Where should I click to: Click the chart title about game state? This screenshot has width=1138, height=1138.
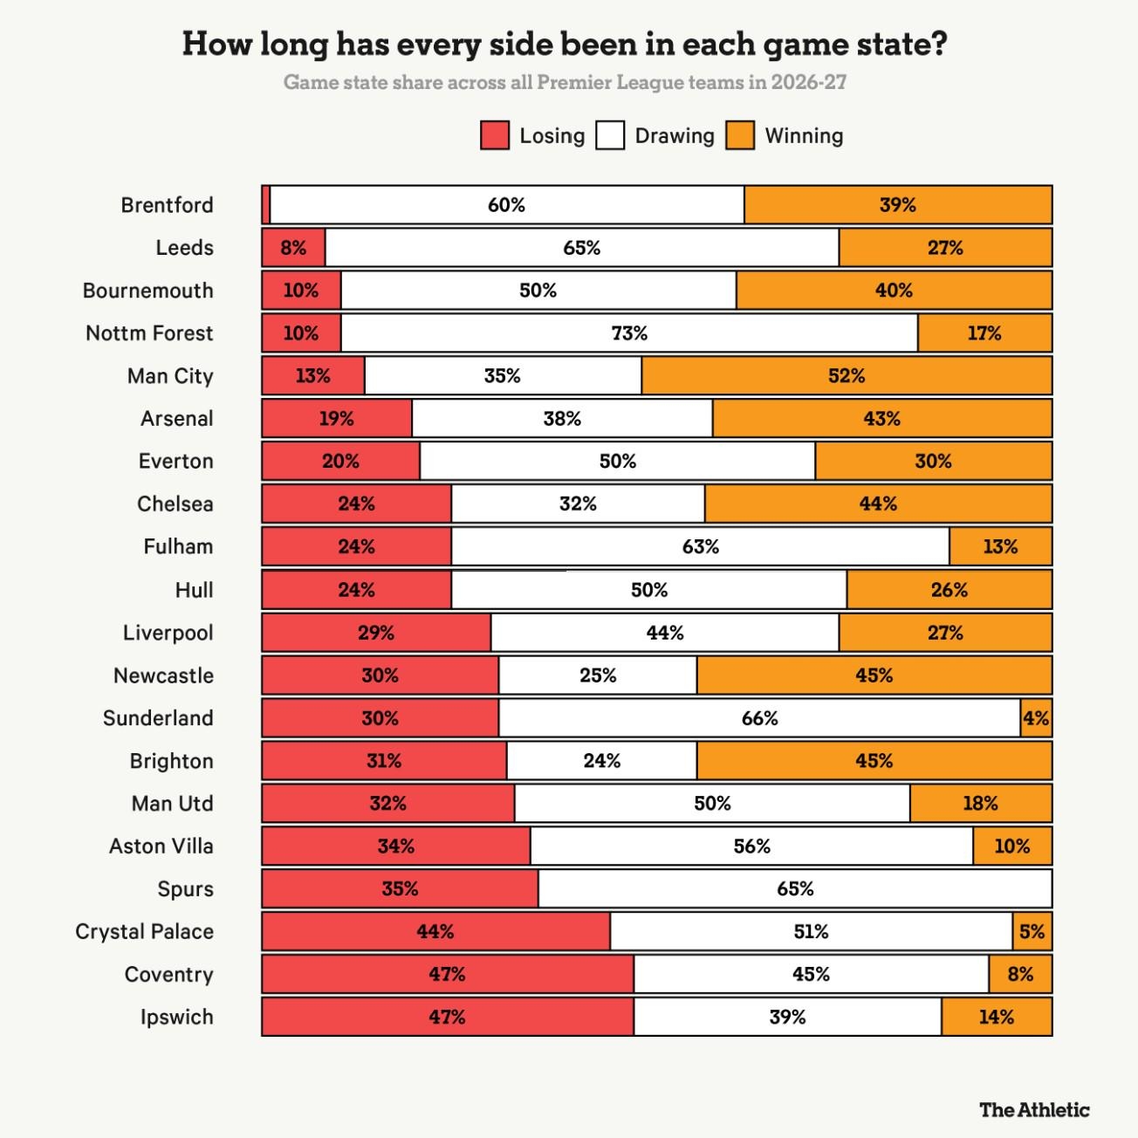(565, 44)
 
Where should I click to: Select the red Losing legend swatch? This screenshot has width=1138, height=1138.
(494, 135)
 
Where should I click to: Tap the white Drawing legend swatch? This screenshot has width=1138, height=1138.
(610, 135)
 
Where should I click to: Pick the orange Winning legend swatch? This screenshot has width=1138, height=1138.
(740, 135)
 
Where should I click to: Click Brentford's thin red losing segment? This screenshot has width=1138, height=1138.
(266, 205)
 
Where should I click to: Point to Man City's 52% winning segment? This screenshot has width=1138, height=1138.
(847, 375)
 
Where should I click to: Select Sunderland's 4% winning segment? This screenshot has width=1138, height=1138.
(1037, 718)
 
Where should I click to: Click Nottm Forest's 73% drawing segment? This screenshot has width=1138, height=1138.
(629, 333)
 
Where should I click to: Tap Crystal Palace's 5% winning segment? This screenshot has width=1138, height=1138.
(1032, 931)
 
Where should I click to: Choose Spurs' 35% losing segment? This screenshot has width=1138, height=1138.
(400, 888)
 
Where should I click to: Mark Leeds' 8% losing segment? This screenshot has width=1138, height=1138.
(293, 248)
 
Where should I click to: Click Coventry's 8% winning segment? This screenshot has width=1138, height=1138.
(1020, 974)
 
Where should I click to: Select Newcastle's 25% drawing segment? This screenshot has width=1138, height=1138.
(598, 675)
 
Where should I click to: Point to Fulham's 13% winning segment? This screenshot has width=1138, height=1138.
(1001, 546)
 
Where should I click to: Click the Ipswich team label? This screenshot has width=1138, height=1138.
(176, 1018)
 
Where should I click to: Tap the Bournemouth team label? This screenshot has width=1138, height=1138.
(147, 291)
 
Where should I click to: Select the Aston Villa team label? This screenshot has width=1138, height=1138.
(161, 847)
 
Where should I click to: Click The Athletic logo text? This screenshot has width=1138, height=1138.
(1035, 1110)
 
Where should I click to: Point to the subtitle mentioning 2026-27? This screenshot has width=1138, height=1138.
(565, 82)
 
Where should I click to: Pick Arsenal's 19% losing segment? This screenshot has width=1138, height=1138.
(337, 418)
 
